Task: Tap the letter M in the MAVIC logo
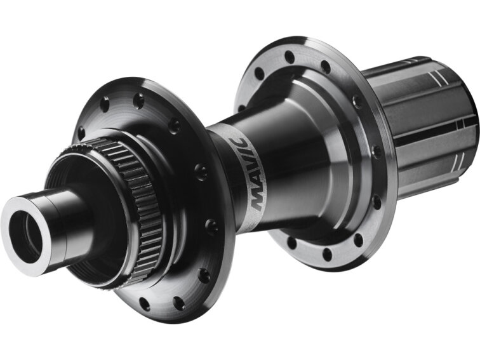[x=258, y=202]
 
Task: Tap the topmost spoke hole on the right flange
[x=290, y=56]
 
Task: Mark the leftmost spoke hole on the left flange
[x=81, y=133]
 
